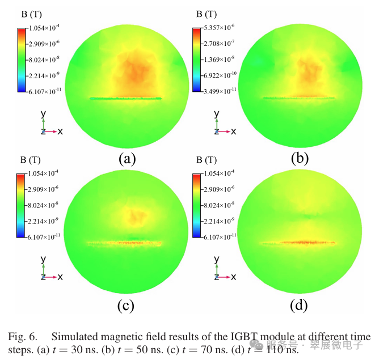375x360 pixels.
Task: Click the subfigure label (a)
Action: pos(126,159)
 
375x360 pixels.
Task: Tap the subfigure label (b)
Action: pos(299,159)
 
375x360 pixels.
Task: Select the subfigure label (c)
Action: pos(125,306)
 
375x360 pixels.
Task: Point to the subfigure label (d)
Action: pos(299,306)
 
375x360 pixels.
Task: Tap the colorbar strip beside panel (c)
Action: pos(22,205)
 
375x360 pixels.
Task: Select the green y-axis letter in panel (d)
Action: pos(217,260)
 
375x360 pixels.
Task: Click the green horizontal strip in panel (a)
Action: pos(125,98)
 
